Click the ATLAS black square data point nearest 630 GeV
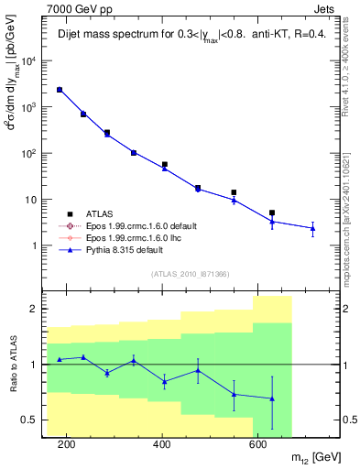click(272, 213)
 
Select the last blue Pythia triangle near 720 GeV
click(312, 228)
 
